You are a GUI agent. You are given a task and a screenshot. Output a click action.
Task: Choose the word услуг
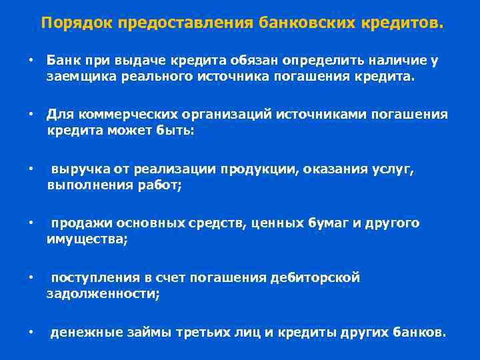click(x=393, y=169)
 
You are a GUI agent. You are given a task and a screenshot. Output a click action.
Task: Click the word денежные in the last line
click(x=81, y=331)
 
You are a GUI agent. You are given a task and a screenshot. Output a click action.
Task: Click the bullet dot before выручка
click(x=31, y=169)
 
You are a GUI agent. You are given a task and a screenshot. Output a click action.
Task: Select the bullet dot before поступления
click(x=31, y=277)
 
